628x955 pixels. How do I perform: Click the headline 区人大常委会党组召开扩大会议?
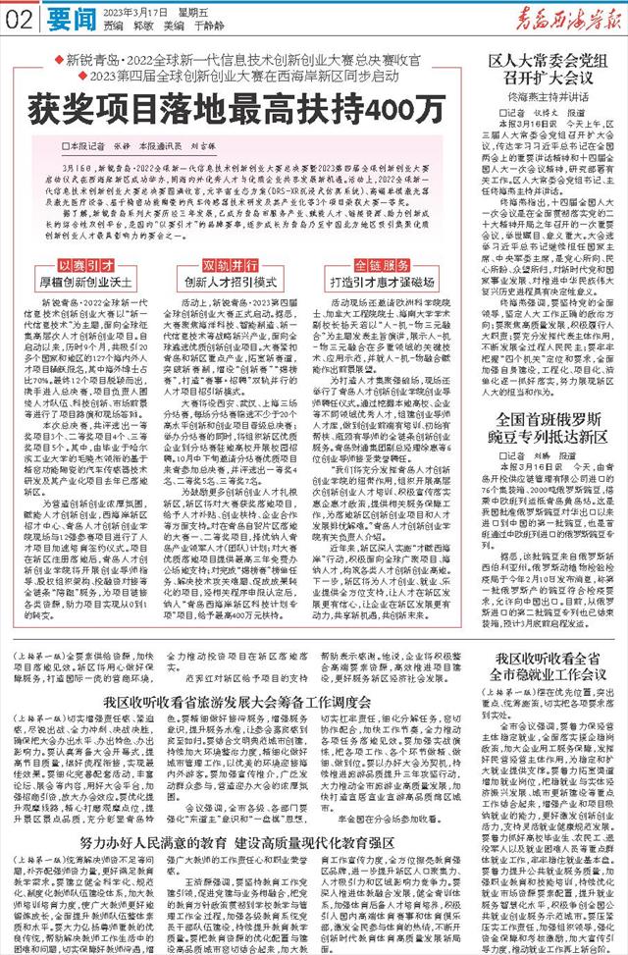click(539, 68)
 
